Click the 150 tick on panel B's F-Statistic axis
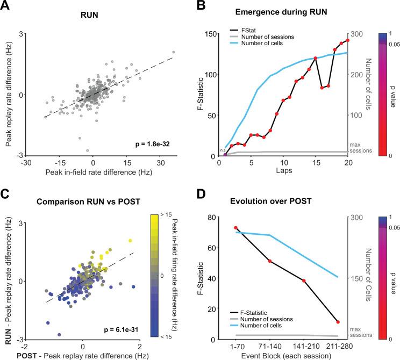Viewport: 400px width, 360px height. pos(211,33)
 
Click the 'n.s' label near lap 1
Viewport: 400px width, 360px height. pos(222,150)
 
